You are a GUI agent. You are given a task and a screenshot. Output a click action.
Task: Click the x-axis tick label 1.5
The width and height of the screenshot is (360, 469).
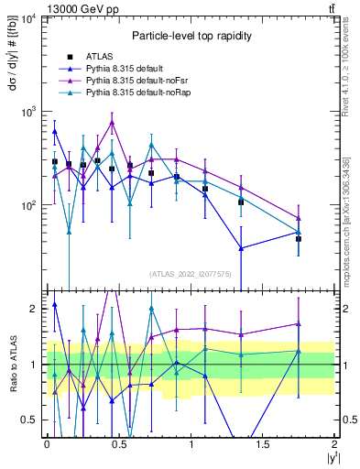point(263,444)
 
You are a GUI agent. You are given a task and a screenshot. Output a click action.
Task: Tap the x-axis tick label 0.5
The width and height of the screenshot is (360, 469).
point(118,444)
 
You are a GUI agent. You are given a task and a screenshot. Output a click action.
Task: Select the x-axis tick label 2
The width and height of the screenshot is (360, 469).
point(335,444)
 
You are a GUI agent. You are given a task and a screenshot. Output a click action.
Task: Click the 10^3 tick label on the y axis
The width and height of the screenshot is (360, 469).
point(27,112)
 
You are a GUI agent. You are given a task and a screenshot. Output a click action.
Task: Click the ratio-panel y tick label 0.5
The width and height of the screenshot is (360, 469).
point(30,420)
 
